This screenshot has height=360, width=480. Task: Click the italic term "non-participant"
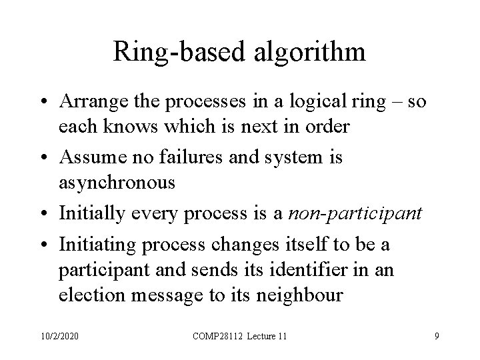355,214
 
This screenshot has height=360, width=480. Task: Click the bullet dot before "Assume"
45,159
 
